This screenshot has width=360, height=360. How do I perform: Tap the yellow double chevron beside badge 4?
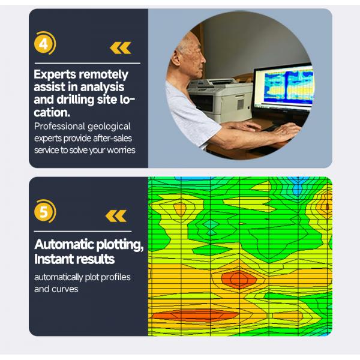click(x=120, y=48)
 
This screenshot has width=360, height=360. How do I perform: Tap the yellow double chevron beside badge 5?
click(x=116, y=215)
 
